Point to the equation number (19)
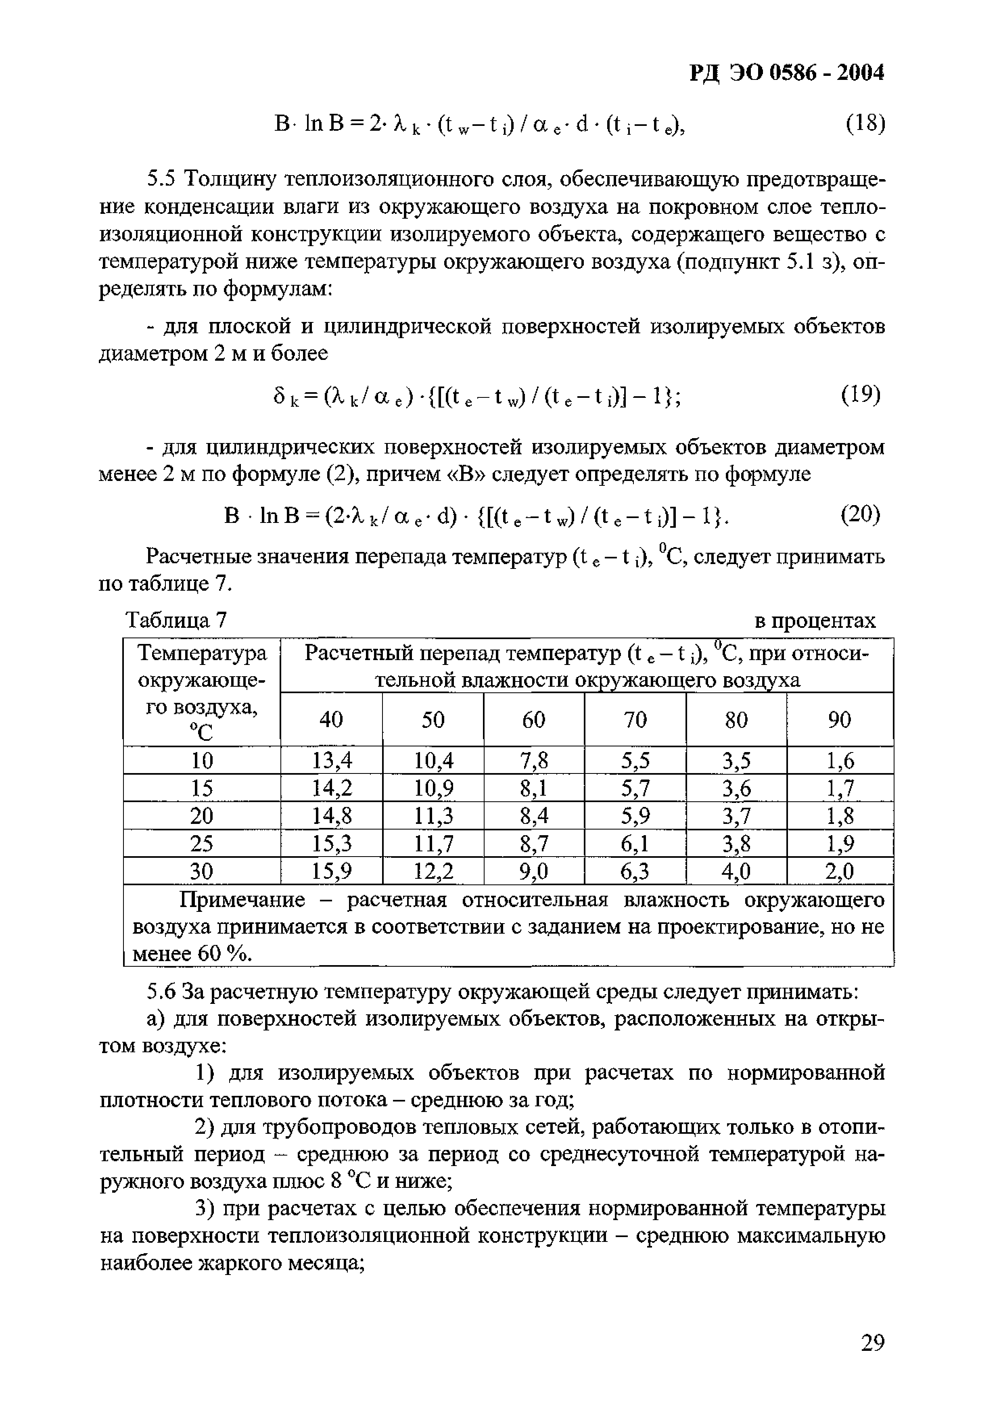point(861,395)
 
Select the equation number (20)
point(861,513)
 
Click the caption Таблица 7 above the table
point(176,620)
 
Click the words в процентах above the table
point(815,621)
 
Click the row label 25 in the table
point(202,844)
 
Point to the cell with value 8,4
point(534,816)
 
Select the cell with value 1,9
point(840,844)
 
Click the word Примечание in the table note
point(242,901)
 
